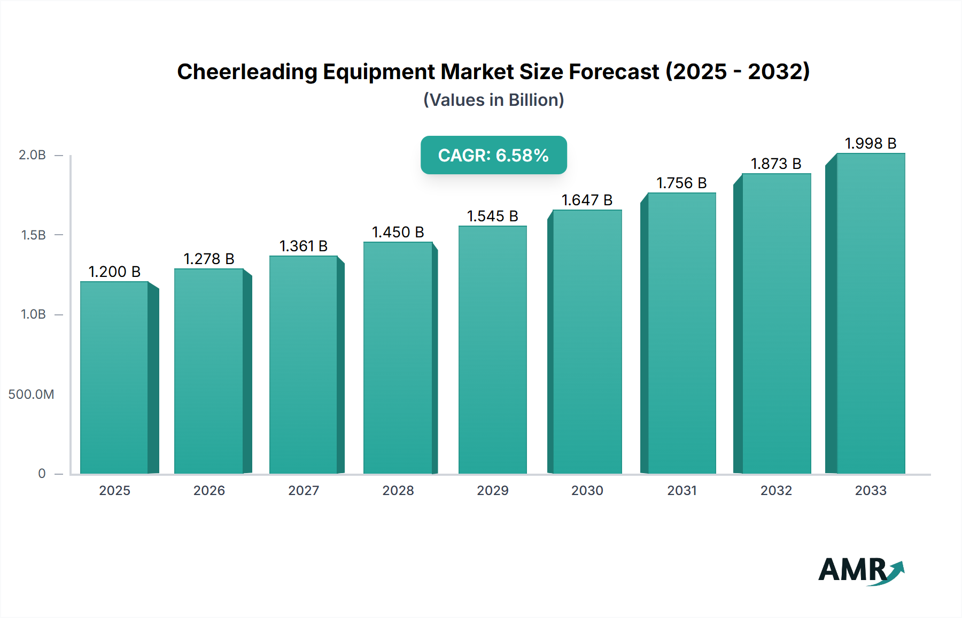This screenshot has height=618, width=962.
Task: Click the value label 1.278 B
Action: tap(209, 259)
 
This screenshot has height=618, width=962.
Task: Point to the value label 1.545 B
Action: tap(492, 216)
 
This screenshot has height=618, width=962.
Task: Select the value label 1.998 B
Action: tap(870, 143)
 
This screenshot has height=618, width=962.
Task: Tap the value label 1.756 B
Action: tap(681, 183)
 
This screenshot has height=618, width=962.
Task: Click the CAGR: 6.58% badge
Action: tap(493, 155)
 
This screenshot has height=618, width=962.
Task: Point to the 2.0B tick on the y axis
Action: tap(32, 155)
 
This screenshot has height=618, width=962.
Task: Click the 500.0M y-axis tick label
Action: tap(31, 394)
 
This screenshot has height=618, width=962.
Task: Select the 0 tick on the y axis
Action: tap(42, 473)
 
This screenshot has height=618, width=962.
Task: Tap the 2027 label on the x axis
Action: tap(304, 490)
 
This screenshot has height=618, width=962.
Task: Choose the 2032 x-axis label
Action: tap(776, 490)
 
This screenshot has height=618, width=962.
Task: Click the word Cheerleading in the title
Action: tap(247, 72)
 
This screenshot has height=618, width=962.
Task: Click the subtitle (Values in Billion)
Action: tap(493, 100)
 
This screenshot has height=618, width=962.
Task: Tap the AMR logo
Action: tap(860, 570)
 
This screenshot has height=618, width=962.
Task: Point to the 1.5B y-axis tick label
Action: tap(33, 235)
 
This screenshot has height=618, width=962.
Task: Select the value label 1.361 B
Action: tap(304, 246)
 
